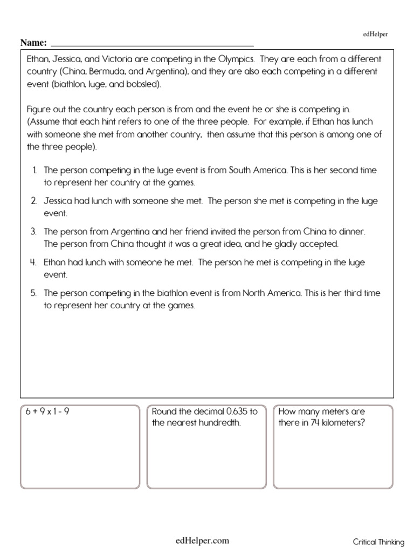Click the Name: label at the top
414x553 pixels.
(34, 43)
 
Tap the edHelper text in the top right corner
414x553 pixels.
(375, 34)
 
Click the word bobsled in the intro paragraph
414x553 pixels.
(142, 85)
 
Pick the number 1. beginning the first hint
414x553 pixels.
(34, 170)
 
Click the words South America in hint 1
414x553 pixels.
(258, 170)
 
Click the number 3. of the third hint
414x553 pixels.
(33, 232)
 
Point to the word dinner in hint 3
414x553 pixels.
(353, 232)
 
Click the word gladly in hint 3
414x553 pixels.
(286, 244)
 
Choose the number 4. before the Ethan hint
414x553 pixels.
(33, 262)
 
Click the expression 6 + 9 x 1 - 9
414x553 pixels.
(48, 412)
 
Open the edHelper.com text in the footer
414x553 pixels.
(202, 540)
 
